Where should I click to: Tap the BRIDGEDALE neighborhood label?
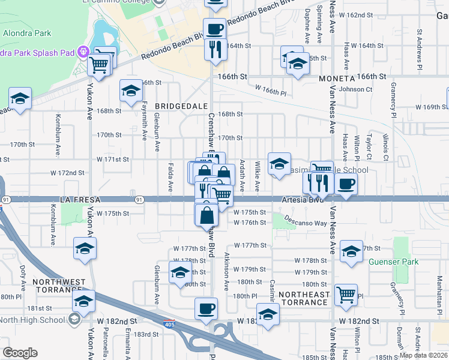[176, 106]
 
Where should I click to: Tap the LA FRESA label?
[79, 198]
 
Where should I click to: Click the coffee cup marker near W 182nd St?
[206, 308]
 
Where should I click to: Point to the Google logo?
[20, 353]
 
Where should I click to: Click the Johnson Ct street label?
[355, 89]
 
